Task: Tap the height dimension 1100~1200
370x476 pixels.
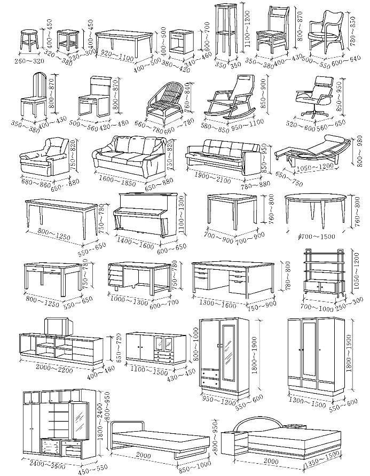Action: click(x=246, y=30)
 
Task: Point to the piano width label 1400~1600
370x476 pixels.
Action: click(x=135, y=244)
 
